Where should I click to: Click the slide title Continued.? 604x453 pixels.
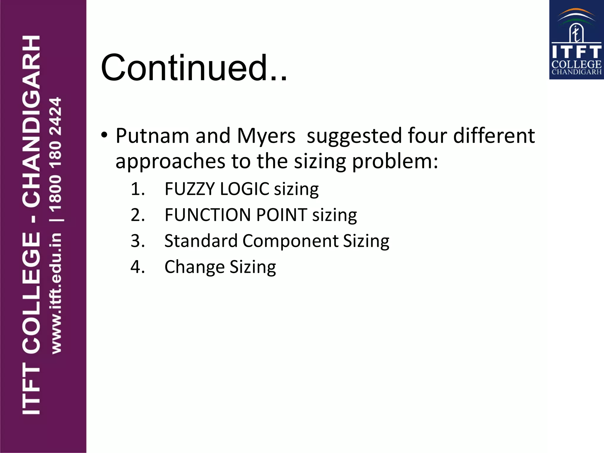(x=194, y=68)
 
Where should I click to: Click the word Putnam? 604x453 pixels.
(x=152, y=136)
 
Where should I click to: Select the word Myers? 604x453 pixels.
(x=266, y=136)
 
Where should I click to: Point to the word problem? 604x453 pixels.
(x=395, y=162)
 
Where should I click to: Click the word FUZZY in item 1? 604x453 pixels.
(x=190, y=189)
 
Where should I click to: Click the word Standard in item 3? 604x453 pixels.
(x=201, y=241)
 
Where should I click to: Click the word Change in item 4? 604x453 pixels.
(x=194, y=267)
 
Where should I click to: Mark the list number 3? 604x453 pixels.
(x=137, y=241)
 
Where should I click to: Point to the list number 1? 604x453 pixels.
(x=137, y=189)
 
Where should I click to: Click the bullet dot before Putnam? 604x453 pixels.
(x=104, y=135)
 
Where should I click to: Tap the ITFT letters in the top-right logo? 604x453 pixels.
(x=576, y=52)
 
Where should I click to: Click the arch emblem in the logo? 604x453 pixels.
(x=576, y=27)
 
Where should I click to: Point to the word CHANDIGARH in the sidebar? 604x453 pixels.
(x=31, y=121)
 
